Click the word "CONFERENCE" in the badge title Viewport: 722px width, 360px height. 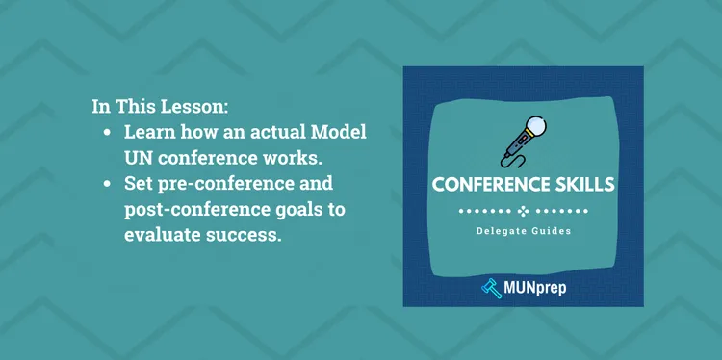click(x=490, y=184)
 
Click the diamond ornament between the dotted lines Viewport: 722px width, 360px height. click(x=523, y=210)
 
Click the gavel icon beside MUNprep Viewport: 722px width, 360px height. click(x=489, y=285)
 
